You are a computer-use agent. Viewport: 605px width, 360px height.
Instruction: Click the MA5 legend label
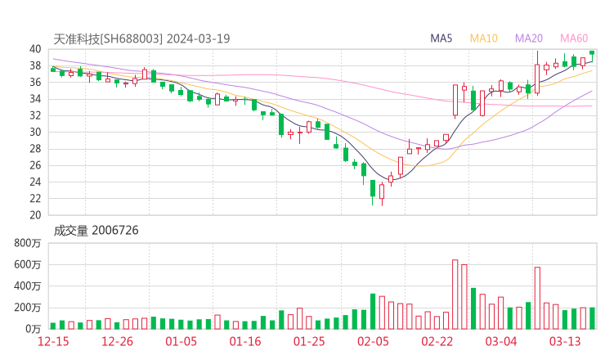441,38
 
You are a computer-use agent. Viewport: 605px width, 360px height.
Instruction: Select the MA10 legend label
484,38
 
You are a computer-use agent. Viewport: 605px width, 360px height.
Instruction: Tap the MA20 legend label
529,38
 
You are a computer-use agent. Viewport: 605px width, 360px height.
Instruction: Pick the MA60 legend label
574,38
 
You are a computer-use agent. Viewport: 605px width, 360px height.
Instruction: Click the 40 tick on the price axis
35,49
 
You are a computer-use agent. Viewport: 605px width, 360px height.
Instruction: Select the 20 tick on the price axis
35,215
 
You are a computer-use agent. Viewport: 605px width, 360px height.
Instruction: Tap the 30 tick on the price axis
35,132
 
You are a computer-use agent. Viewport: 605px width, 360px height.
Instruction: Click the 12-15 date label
53,341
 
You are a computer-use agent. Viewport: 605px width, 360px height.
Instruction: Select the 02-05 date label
372,341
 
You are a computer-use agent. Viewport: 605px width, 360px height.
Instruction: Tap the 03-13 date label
564,341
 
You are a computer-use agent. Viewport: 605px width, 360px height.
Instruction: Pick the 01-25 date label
308,341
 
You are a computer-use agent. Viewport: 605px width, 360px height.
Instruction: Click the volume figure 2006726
114,231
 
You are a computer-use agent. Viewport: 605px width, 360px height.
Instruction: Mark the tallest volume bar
455,294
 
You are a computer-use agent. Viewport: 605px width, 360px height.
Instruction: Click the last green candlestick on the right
592,52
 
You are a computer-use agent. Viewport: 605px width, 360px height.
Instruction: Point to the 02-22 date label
437,341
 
